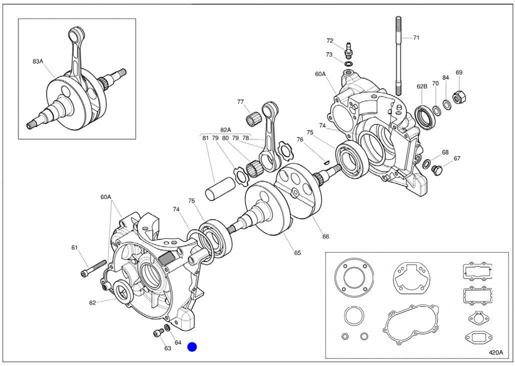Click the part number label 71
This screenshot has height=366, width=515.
pos(416,37)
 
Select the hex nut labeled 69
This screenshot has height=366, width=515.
pos(458,96)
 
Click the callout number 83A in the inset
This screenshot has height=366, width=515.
pos(38,61)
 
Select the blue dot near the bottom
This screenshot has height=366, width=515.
pos(192,347)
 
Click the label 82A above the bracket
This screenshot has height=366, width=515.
pos(226,129)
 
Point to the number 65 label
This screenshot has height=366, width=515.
pos(297,252)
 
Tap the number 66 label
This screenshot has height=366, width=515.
pos(325,236)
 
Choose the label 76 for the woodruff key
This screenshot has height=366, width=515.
pos(300,139)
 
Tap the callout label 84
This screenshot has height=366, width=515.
pos(445,77)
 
